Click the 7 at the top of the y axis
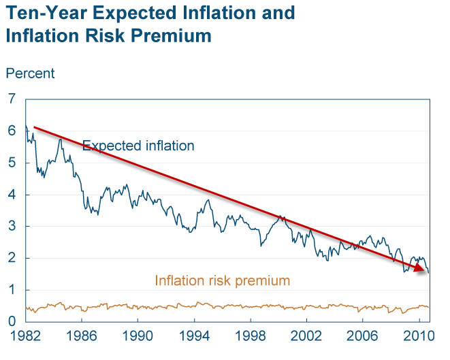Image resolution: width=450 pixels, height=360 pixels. pos(11,99)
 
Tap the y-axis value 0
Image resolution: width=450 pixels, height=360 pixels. pos(11,321)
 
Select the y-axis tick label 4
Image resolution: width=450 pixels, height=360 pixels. pos(11,195)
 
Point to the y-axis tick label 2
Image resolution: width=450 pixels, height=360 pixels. pos(11,258)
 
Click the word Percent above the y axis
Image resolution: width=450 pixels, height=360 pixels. pos(30,73)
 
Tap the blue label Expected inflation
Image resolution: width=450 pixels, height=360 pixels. pos(138,146)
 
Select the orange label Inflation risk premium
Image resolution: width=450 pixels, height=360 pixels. pos(223,280)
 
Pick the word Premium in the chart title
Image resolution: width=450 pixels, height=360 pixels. pos(174,35)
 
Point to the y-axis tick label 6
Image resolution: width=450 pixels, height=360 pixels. pos(11,131)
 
